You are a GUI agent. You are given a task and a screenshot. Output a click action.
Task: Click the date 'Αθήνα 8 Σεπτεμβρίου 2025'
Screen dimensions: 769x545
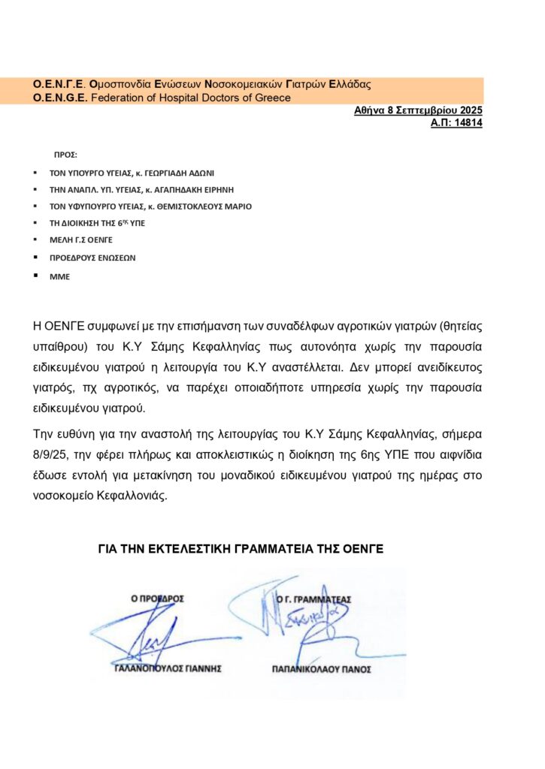[418, 110]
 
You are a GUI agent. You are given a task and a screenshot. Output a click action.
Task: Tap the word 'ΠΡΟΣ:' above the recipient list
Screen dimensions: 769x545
[65, 155]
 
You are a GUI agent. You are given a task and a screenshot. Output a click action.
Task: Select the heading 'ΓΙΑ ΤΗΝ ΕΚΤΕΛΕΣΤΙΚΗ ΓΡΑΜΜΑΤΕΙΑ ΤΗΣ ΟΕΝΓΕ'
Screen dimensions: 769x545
[241, 550]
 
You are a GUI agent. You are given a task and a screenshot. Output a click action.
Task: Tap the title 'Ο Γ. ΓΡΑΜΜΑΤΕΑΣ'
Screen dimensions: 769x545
[313, 599]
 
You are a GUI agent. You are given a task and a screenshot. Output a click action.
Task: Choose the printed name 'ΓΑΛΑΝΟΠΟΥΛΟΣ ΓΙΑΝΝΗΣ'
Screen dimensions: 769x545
[167, 668]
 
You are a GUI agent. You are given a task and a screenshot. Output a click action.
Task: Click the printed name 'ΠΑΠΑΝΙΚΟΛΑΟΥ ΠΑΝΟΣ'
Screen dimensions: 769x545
[321, 668]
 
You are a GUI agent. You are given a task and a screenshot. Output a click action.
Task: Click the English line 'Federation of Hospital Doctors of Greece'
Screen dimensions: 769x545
[190, 98]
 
